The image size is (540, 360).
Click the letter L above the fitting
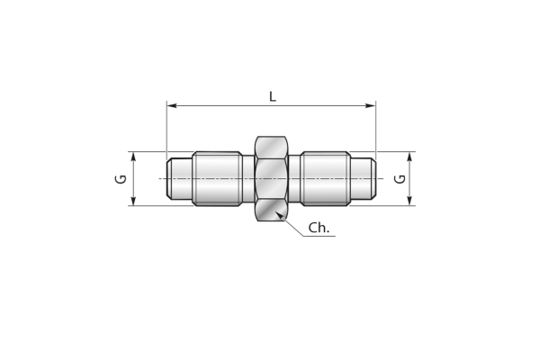(273, 96)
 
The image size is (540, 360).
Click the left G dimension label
(121, 179)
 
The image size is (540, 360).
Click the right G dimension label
(400, 179)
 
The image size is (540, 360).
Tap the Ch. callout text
(319, 228)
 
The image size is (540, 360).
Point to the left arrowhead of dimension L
(172, 105)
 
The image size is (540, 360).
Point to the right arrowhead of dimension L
(371, 105)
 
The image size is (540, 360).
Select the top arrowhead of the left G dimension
(134, 157)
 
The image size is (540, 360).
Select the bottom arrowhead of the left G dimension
(134, 201)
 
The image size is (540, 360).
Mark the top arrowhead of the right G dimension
(409, 157)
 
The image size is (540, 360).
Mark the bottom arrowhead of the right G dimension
(409, 201)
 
